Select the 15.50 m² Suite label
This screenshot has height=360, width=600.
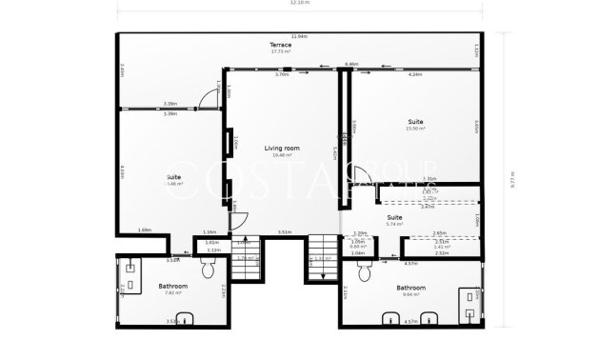pyautogui.click(x=416, y=125)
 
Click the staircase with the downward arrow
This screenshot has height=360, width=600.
pyautogui.click(x=322, y=259)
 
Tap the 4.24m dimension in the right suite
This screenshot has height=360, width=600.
pyautogui.click(x=415, y=74)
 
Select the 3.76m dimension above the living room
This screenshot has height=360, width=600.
pyautogui.click(x=281, y=74)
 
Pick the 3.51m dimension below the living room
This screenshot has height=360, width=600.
pyautogui.click(x=284, y=231)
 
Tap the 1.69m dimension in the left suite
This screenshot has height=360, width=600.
pyautogui.click(x=144, y=230)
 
